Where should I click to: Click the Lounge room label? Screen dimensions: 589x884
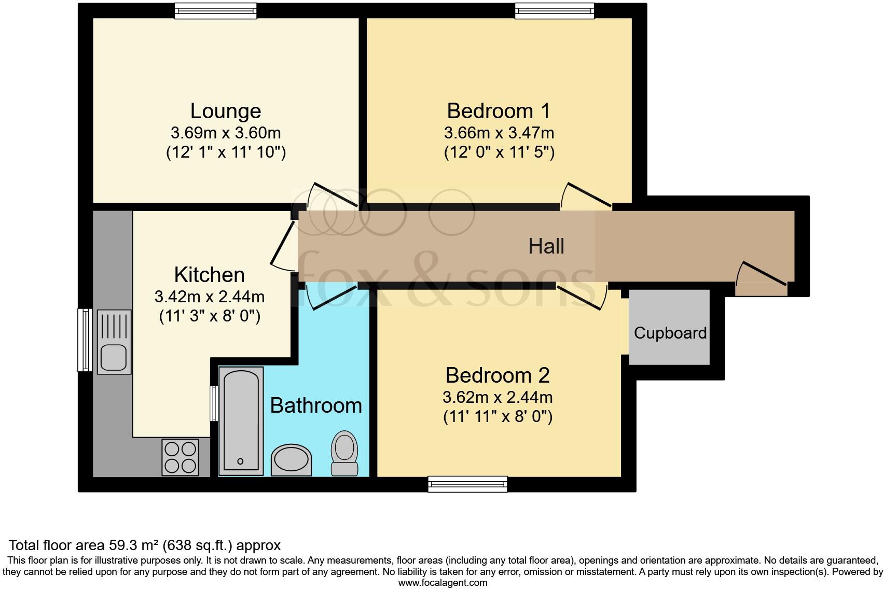pos(226,111)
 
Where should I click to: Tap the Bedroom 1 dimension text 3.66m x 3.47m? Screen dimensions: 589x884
pos(499,133)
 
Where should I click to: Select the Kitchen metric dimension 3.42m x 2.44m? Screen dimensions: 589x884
pos(209,297)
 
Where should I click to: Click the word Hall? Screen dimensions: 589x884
pos(546,246)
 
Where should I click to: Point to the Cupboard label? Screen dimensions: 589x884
pos(670,333)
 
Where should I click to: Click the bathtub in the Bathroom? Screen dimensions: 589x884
pos(241,420)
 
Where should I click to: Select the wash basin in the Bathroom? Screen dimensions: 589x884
pos(292,459)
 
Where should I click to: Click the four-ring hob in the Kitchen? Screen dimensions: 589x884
pos(180,457)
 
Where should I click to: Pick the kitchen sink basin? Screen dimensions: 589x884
pos(114,357)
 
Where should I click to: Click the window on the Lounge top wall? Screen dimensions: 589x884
pos(215,10)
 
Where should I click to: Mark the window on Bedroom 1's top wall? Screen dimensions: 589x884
pos(554,10)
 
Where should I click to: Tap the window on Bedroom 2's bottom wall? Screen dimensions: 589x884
pos(467,484)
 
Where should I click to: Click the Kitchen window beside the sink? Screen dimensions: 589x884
pos(85,340)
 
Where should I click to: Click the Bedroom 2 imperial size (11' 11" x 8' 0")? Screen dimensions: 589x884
pos(498,417)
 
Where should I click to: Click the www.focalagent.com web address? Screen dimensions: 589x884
pos(443,582)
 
